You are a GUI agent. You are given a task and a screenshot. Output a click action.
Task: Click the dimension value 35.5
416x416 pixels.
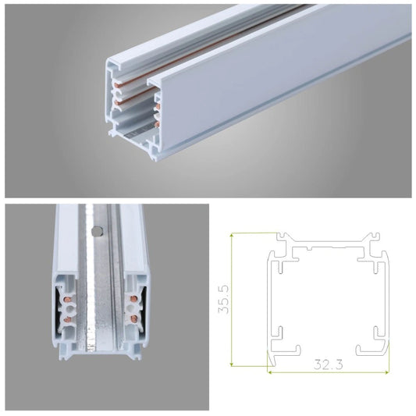coord(223,300)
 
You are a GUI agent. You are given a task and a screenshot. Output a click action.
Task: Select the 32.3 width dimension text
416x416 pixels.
coord(328,364)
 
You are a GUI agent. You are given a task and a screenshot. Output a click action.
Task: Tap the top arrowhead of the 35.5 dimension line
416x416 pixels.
coord(232,234)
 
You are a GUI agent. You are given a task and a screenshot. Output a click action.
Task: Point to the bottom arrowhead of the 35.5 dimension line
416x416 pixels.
coord(232,364)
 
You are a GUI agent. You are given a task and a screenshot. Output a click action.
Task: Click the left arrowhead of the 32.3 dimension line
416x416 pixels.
coord(269,372)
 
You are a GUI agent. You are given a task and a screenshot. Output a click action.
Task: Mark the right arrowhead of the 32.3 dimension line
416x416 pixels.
coord(387,372)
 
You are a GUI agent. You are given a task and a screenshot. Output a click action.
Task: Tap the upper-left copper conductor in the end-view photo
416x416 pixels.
coord(69,299)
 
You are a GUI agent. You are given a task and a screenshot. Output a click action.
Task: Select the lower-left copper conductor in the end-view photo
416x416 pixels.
coord(67,319)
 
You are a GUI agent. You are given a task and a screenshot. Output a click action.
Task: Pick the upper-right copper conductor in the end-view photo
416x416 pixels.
coord(133,299)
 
